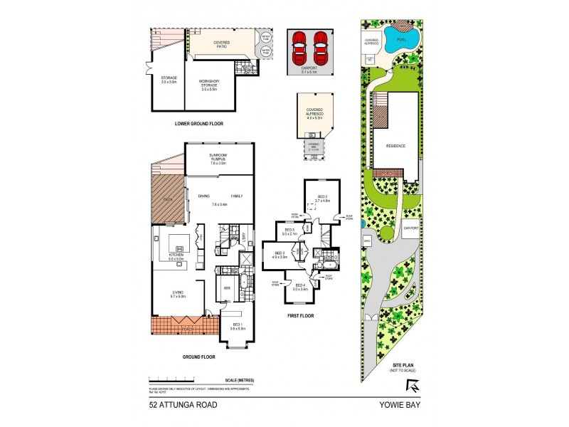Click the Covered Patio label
point(226,43)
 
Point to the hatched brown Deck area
point(167,199)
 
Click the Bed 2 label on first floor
point(321,198)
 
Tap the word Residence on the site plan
point(395,146)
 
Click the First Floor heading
point(300,315)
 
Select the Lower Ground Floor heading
point(199,124)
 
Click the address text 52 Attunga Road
point(182,406)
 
